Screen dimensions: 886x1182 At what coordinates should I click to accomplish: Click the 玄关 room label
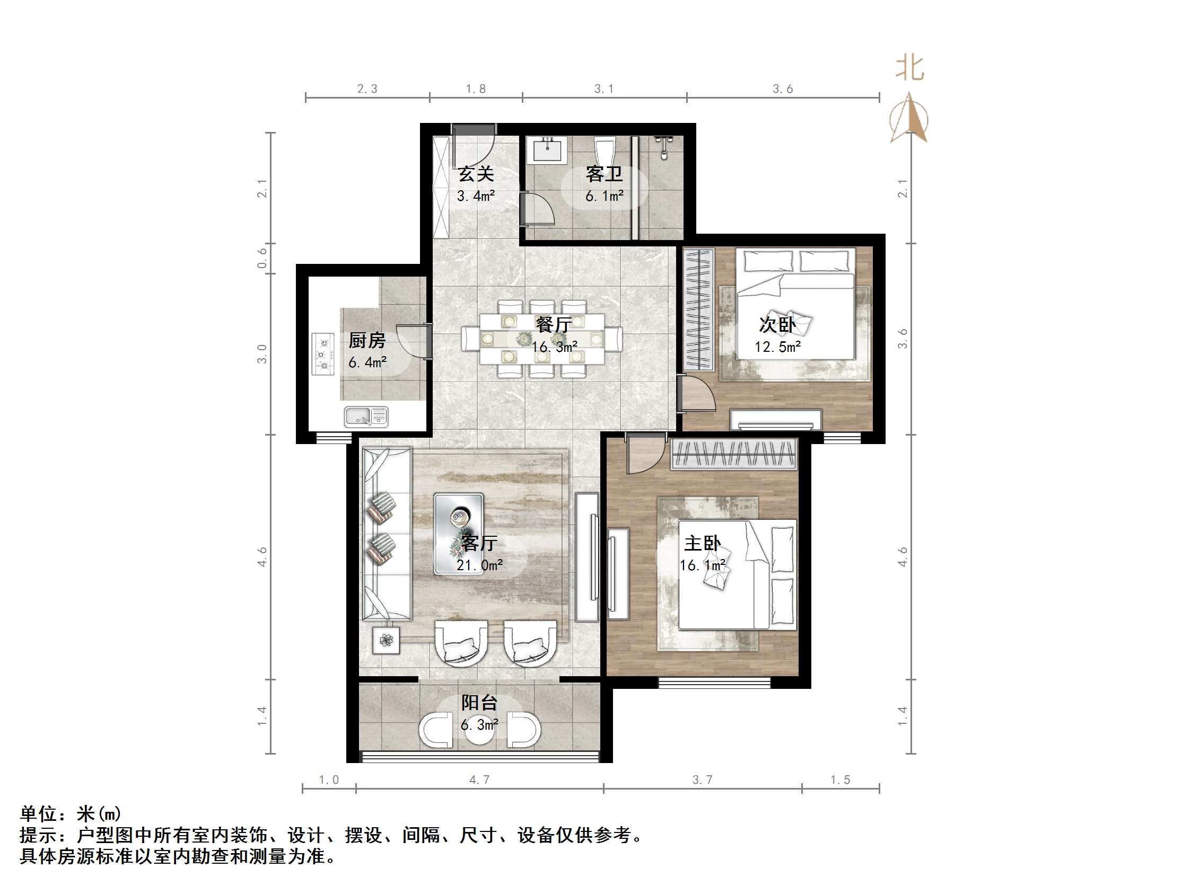(476, 174)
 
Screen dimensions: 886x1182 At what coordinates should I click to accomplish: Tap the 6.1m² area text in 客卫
(605, 197)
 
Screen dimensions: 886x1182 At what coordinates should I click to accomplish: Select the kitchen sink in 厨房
(366, 416)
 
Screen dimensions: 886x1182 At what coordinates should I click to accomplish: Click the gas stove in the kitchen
(323, 354)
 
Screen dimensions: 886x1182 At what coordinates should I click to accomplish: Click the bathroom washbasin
(548, 149)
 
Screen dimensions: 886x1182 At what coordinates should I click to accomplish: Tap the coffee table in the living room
(459, 533)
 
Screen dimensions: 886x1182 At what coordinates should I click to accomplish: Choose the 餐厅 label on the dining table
(554, 324)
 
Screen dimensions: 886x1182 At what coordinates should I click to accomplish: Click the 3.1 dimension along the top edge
(604, 89)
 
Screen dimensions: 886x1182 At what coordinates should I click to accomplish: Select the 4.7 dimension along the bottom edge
(479, 779)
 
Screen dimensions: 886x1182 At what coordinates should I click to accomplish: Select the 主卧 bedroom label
(702, 544)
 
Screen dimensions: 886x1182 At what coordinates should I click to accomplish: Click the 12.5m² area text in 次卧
(777, 347)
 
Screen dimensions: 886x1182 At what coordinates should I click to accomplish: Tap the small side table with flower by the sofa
(386, 639)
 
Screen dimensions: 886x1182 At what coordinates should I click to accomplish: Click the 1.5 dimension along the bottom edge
(840, 779)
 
